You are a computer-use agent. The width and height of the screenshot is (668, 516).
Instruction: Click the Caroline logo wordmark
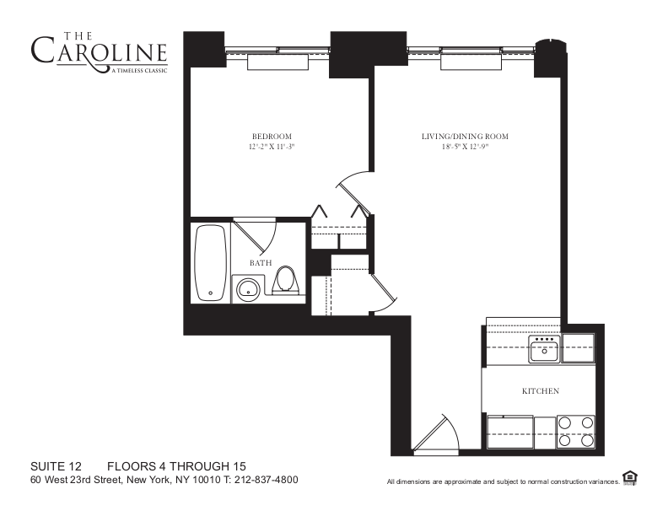point(99,51)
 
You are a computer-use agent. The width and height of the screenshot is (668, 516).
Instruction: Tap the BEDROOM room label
point(272,137)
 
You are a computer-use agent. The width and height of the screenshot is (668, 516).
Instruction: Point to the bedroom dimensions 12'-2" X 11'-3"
point(272,148)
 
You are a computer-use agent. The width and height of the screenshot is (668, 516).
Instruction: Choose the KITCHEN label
point(541,391)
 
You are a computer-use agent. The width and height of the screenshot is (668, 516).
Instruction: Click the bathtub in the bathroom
point(210,262)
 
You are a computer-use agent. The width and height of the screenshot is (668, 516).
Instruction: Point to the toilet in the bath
point(287,280)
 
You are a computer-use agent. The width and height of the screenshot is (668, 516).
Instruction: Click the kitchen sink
point(545,348)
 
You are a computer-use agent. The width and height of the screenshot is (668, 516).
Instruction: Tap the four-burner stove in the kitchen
point(576,432)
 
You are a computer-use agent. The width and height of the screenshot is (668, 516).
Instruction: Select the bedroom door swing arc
point(351,190)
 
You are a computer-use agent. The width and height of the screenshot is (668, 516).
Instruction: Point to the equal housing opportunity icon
point(629,478)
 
